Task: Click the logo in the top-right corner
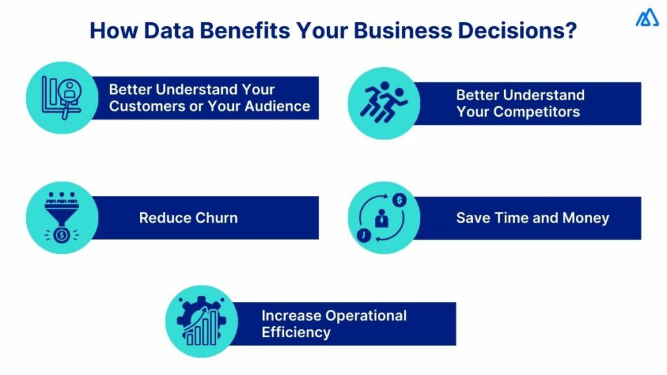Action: coord(647,19)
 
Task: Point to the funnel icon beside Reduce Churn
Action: coord(62,217)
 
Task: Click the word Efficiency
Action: coord(296,332)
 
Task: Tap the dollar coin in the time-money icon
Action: coord(399,199)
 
